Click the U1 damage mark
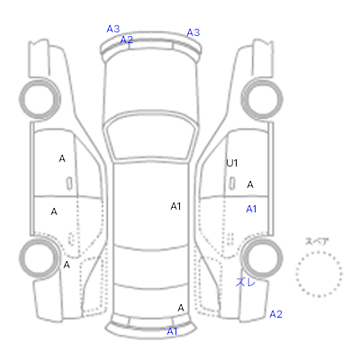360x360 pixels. (232, 163)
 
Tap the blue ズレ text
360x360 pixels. (246, 282)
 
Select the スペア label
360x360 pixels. (317, 242)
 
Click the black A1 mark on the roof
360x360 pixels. (175, 206)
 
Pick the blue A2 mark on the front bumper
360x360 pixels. (127, 40)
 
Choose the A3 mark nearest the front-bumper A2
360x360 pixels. (113, 29)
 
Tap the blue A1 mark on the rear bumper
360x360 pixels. (172, 331)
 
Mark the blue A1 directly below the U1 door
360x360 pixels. (251, 209)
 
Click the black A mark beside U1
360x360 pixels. (250, 184)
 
